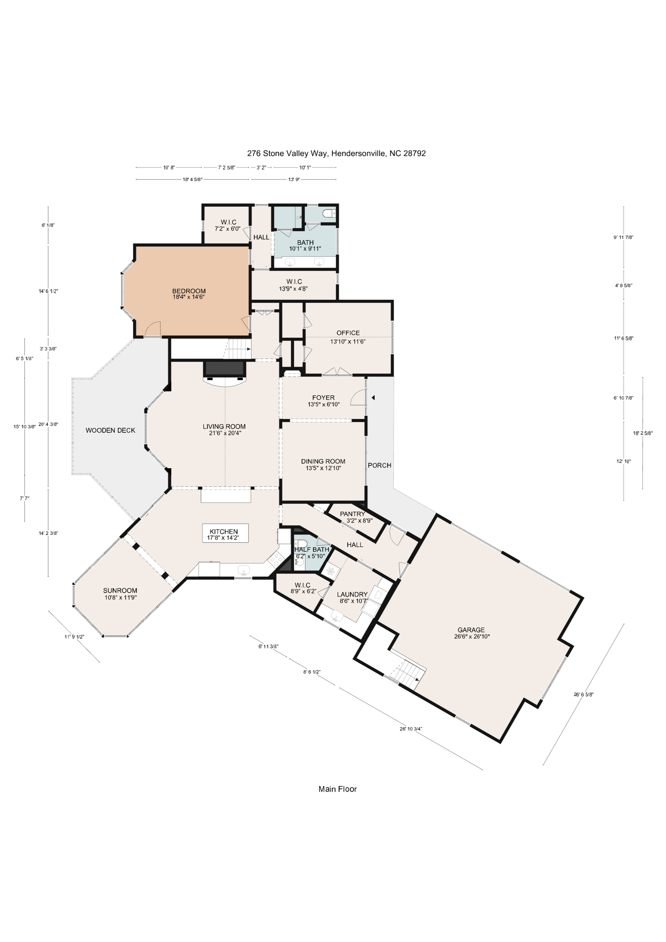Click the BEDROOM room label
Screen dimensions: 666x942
coord(189,291)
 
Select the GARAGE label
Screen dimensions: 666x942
coord(471,630)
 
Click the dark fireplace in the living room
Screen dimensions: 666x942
coord(225,368)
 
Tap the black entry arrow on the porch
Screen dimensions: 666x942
coord(373,398)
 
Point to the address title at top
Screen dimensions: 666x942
coord(336,153)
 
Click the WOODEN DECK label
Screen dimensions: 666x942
coord(110,430)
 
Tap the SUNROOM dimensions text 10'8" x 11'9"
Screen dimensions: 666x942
coord(120,598)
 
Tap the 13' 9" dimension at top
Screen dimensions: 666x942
coord(294,179)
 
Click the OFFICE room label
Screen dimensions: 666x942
coord(348,333)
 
